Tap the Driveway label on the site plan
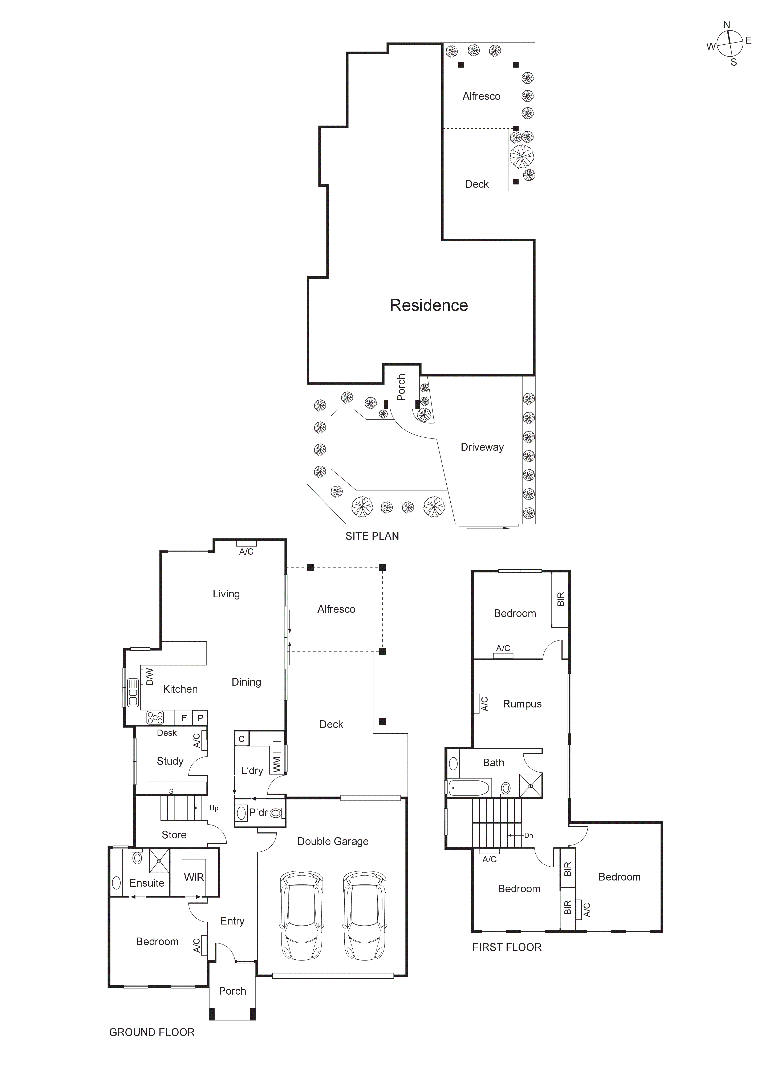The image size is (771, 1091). pos(482,447)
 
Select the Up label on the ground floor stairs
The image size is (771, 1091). pos(214,808)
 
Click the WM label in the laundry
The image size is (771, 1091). pos(277,764)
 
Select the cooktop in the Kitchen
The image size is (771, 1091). pos(155,718)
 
